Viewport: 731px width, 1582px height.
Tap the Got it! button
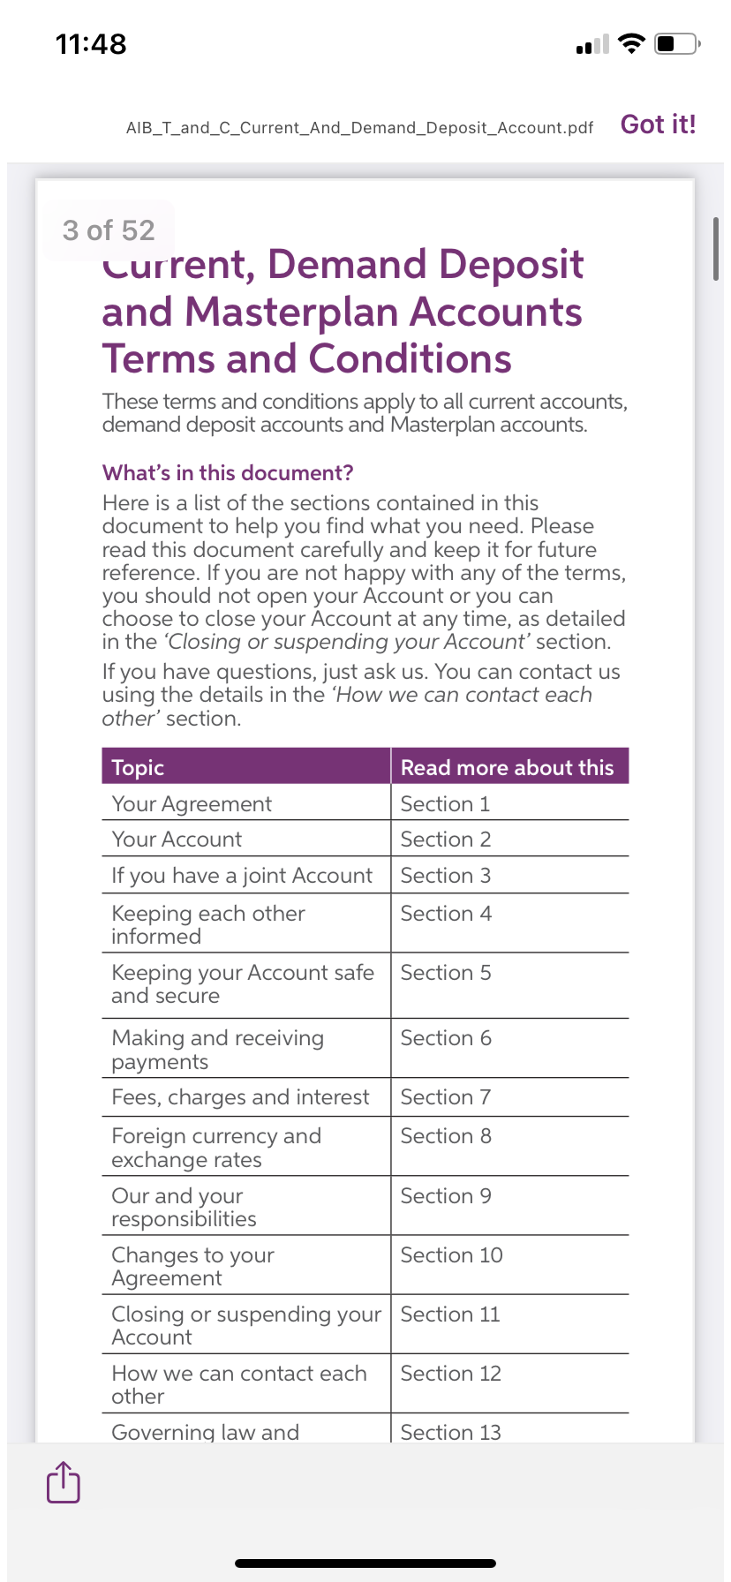pyautogui.click(x=658, y=124)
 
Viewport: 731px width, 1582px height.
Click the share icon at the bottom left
pyautogui.click(x=63, y=1481)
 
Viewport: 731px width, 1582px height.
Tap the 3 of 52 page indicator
pyautogui.click(x=109, y=230)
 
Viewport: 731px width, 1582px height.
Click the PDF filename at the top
pyautogui.click(x=359, y=128)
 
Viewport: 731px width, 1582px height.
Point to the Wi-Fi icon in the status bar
pyautogui.click(x=631, y=43)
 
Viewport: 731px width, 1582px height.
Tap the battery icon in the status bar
pyautogui.click(x=677, y=43)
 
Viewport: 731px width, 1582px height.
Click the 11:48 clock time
pyautogui.click(x=91, y=44)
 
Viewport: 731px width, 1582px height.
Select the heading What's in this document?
pyautogui.click(x=228, y=473)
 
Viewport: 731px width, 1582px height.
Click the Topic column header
pyautogui.click(x=139, y=767)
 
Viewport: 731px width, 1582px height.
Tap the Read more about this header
pyautogui.click(x=507, y=767)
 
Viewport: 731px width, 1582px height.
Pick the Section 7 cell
pyautogui.click(x=446, y=1097)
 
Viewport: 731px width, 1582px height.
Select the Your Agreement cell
pyautogui.click(x=192, y=804)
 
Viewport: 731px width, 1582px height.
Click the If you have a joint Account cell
pyautogui.click(x=242, y=876)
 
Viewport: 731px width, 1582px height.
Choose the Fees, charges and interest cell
pyautogui.click(x=240, y=1097)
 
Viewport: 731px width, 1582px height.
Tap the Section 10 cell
pyautogui.click(x=451, y=1255)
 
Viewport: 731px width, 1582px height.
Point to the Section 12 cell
pyautogui.click(x=450, y=1374)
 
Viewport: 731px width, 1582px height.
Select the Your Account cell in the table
pyautogui.click(x=177, y=840)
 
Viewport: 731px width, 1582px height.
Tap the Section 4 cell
pyautogui.click(x=446, y=914)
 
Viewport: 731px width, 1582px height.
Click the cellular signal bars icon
pyautogui.click(x=592, y=44)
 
